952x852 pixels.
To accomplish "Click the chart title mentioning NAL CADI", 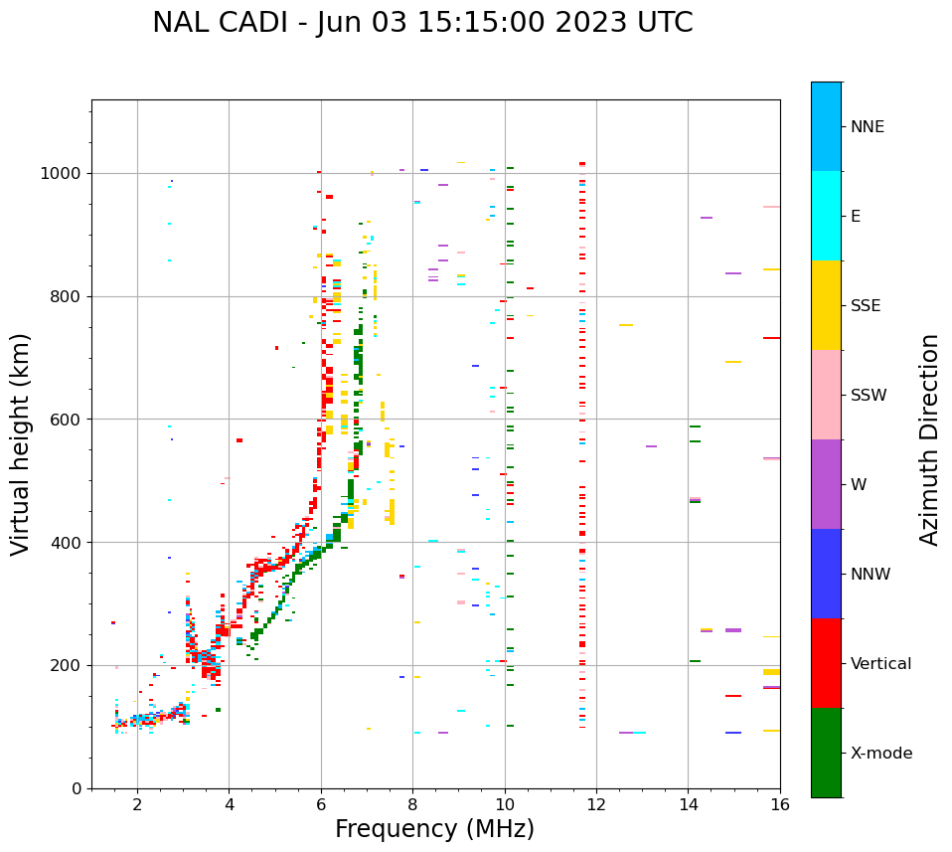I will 422,23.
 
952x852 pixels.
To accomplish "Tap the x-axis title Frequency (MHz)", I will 434,829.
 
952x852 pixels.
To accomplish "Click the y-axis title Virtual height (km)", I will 21,444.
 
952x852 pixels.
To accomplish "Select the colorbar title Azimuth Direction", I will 929,439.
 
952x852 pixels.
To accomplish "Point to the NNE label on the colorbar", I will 867,127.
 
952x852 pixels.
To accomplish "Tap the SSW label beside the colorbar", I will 869,396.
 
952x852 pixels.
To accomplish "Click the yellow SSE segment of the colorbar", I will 826,305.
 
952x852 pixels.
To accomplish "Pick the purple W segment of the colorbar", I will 826,484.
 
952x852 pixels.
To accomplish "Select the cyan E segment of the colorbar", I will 826,216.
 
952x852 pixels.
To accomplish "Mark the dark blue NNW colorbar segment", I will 826,574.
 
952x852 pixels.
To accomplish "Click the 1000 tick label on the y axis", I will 62,174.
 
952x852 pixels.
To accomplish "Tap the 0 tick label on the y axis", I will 77,788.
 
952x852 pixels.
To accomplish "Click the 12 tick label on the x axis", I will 596,804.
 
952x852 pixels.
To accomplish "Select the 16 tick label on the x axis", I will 780,804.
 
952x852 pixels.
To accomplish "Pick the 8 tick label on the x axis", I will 412,804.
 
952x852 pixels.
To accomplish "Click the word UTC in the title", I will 663,23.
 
